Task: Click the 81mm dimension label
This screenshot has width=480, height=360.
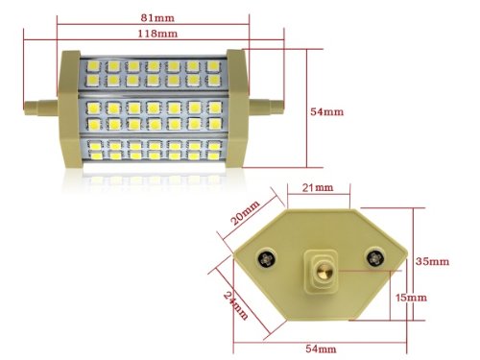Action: [157, 17]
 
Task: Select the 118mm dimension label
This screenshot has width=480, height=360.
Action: [157, 34]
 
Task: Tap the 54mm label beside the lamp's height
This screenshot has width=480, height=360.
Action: [326, 111]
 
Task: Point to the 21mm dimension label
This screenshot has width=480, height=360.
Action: [318, 187]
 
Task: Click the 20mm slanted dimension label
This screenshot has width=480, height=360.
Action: [246, 213]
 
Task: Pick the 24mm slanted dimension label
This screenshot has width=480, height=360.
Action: [235, 305]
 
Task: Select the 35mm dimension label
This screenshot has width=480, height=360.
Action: [432, 261]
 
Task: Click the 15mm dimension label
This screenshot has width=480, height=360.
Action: [411, 298]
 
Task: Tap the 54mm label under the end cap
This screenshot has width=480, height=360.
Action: [321, 348]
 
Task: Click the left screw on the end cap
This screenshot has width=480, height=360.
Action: [267, 257]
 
